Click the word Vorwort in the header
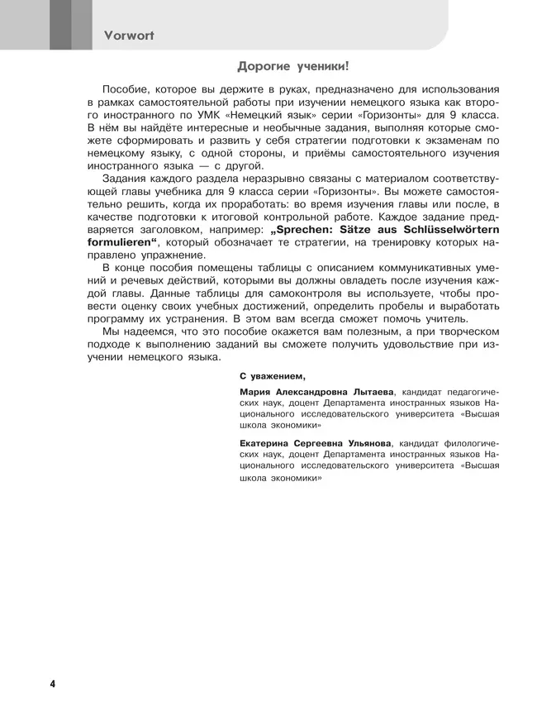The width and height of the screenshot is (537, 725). coord(130,36)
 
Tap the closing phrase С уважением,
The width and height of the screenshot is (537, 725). coord(272,374)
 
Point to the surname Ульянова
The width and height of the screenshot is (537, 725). coord(365,442)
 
